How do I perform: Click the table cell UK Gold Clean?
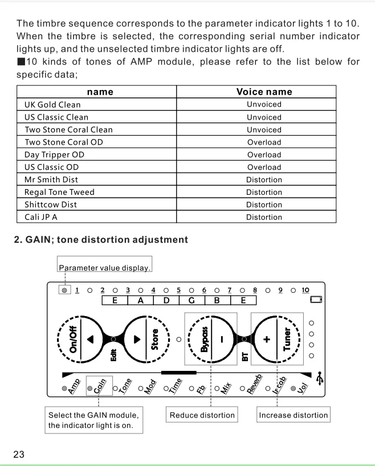click(x=52, y=105)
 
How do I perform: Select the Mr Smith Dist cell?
click(x=51, y=179)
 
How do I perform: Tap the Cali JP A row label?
click(x=41, y=217)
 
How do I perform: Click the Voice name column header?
click(x=264, y=92)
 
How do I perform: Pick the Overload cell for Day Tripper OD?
click(x=264, y=155)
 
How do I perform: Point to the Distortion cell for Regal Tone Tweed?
click(x=264, y=193)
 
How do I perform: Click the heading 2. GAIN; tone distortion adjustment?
click(x=101, y=240)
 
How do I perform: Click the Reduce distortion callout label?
click(x=202, y=415)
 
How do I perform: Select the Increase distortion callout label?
click(x=294, y=415)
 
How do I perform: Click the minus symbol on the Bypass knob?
click(x=223, y=338)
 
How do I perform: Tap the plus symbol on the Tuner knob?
click(x=266, y=338)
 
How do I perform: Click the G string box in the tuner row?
click(x=191, y=300)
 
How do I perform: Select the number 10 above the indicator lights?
click(x=305, y=290)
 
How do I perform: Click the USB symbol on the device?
click(x=320, y=377)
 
